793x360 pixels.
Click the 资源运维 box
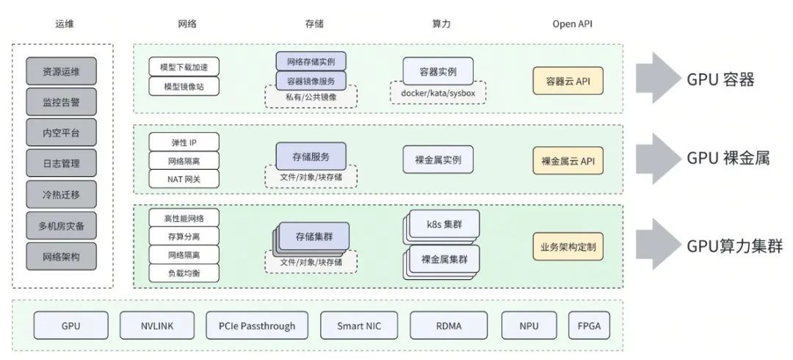pyautogui.click(x=62, y=72)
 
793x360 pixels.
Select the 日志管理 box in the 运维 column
pyautogui.click(x=62, y=164)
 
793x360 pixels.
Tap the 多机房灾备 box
pyautogui.click(x=62, y=226)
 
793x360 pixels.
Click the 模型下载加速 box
pyautogui.click(x=184, y=67)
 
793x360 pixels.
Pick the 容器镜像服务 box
pyautogui.click(x=311, y=81)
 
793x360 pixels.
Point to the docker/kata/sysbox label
pyautogui.click(x=438, y=93)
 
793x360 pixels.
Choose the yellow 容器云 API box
pyautogui.click(x=568, y=81)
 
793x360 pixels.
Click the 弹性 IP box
pyautogui.click(x=184, y=142)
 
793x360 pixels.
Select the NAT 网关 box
pyautogui.click(x=184, y=178)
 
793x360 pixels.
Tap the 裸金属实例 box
pyautogui.click(x=438, y=159)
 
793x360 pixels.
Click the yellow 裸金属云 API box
pyautogui.click(x=568, y=160)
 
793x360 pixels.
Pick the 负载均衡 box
pyautogui.click(x=184, y=273)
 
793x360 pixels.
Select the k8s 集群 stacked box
pyautogui.click(x=441, y=224)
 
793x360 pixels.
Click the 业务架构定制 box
pyautogui.click(x=568, y=247)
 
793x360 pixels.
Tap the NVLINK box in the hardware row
pyautogui.click(x=157, y=325)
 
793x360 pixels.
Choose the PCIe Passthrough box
pyautogui.click(x=256, y=325)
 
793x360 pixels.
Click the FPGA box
pyautogui.click(x=589, y=325)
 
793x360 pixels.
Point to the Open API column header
pyautogui.click(x=572, y=24)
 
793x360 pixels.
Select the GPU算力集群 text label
pyautogui.click(x=734, y=246)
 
